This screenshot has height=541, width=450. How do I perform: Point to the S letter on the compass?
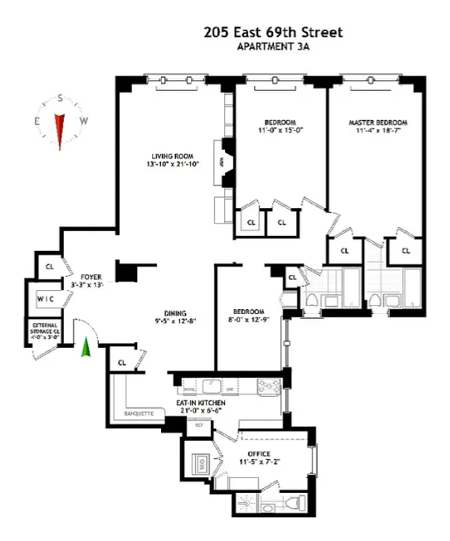pos(59,99)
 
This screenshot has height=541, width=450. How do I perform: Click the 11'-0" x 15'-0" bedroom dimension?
pos(279,132)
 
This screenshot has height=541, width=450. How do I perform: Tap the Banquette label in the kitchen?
pos(138,413)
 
